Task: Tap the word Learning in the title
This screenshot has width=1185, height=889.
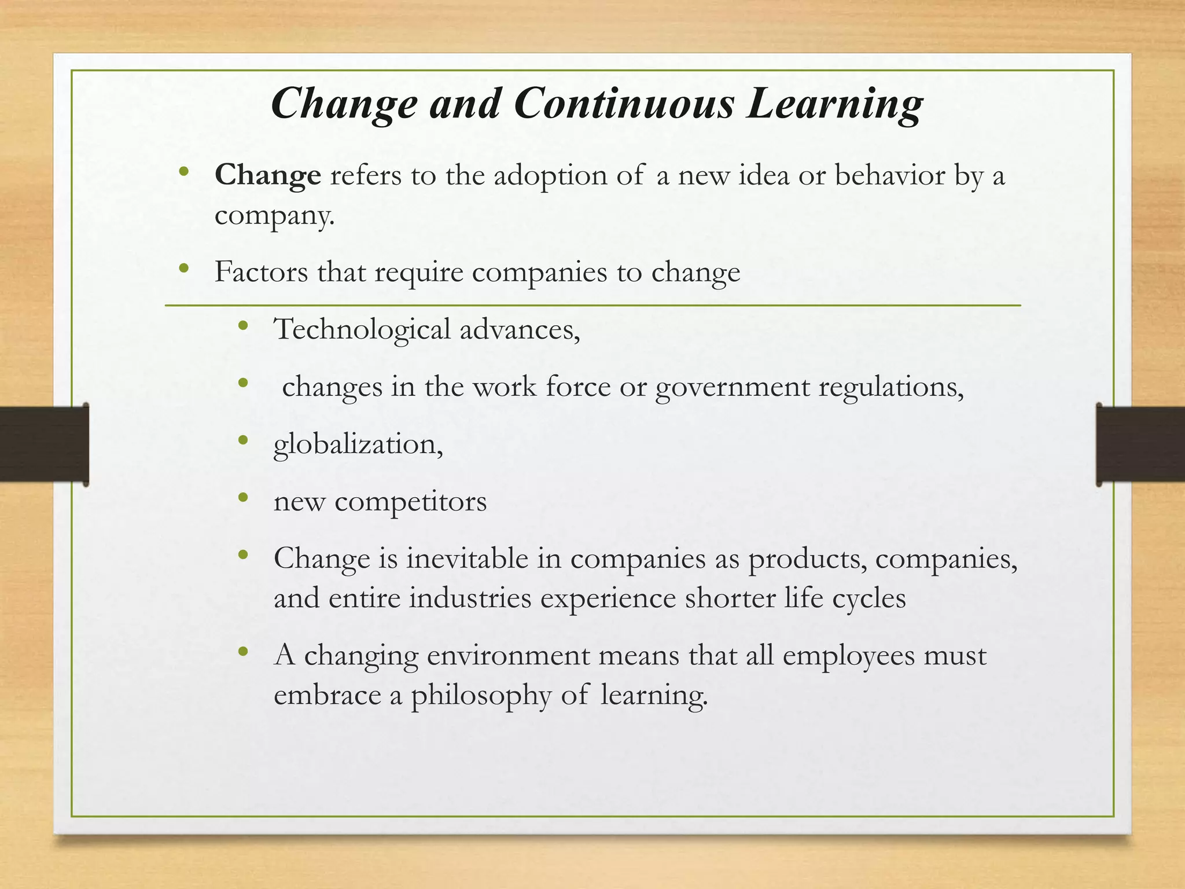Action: [834, 105]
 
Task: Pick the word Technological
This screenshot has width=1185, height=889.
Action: [362, 330]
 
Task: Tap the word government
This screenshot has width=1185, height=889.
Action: [732, 387]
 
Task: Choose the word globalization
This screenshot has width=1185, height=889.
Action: [358, 445]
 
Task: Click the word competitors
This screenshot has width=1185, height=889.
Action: [410, 502]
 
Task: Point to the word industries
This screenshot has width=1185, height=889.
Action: [470, 598]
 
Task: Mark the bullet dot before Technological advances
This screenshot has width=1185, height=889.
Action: [243, 326]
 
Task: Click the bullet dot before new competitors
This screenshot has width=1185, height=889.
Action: [243, 497]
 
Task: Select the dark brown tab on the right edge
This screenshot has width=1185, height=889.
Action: [1140, 444]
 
